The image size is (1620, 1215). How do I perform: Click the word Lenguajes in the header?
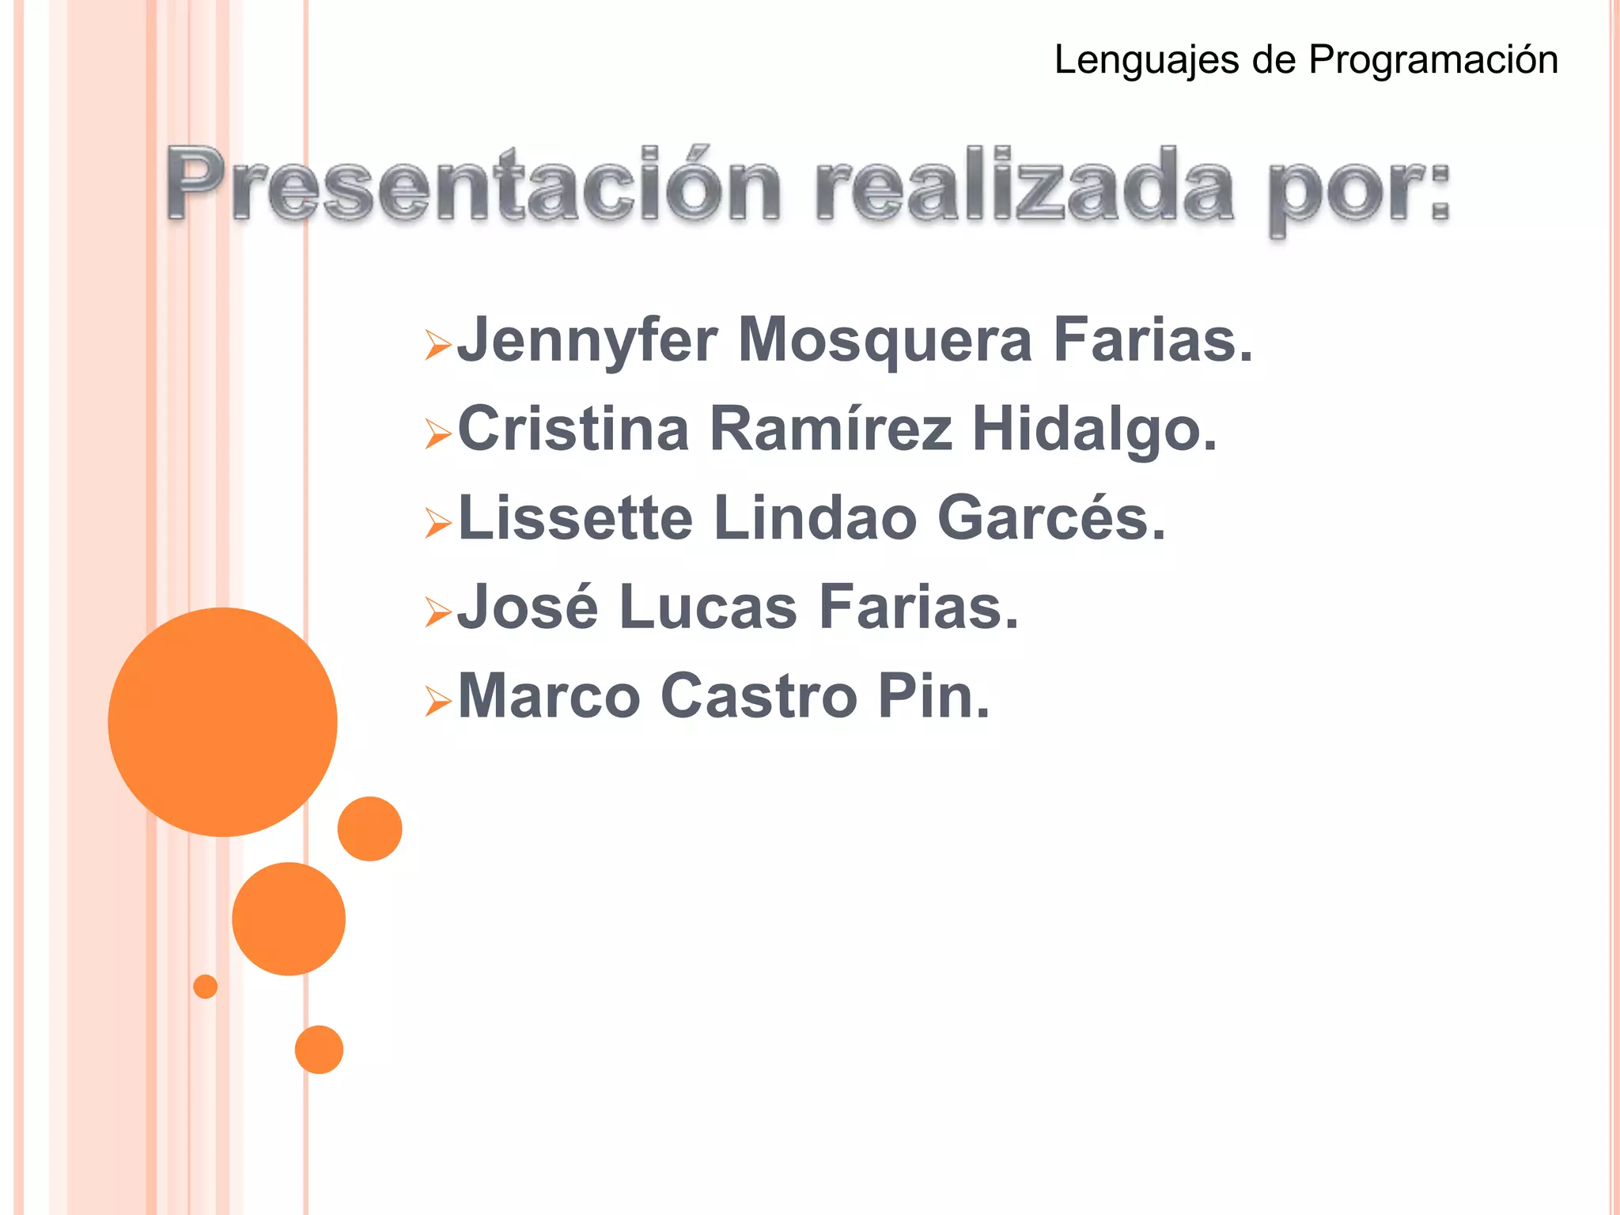point(1146,61)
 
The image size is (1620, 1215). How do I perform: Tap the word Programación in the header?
point(1433,61)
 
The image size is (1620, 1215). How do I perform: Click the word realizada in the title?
point(1024,185)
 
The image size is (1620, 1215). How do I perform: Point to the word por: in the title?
point(1358,190)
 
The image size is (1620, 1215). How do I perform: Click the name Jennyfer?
point(588,340)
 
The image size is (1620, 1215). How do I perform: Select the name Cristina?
point(573,429)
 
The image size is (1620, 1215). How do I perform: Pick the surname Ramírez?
point(831,429)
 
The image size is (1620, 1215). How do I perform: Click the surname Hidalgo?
point(1094,430)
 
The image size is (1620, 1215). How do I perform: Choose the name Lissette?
point(576,518)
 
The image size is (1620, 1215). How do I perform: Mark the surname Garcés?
point(1051,518)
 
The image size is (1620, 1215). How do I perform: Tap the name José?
point(528,607)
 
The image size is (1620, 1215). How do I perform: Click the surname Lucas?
point(708,607)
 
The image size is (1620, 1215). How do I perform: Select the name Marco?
point(549,696)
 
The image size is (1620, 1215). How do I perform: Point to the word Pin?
point(933,696)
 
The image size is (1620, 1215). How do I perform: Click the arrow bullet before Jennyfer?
point(437,345)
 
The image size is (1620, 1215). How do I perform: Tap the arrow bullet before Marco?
point(437,701)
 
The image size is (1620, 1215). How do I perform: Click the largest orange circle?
point(222,721)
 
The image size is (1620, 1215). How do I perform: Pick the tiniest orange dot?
point(205,986)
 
